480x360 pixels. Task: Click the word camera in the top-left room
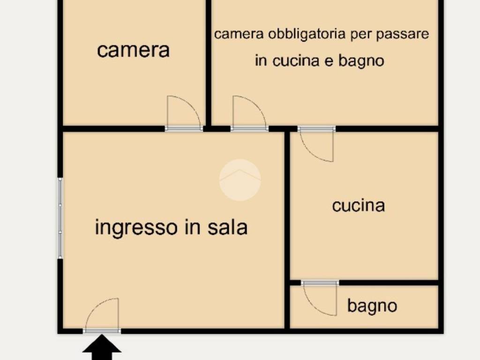[133, 50]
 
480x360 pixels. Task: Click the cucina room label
[359, 205]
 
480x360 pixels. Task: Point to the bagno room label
[372, 306]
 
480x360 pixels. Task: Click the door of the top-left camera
[184, 112]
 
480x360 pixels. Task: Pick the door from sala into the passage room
[249, 112]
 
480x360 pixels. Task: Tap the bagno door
[320, 299]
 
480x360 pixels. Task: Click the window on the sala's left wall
[60, 218]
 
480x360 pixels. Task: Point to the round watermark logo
[240, 180]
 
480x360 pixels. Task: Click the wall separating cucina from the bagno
[389, 283]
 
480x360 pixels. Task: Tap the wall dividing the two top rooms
[209, 61]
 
